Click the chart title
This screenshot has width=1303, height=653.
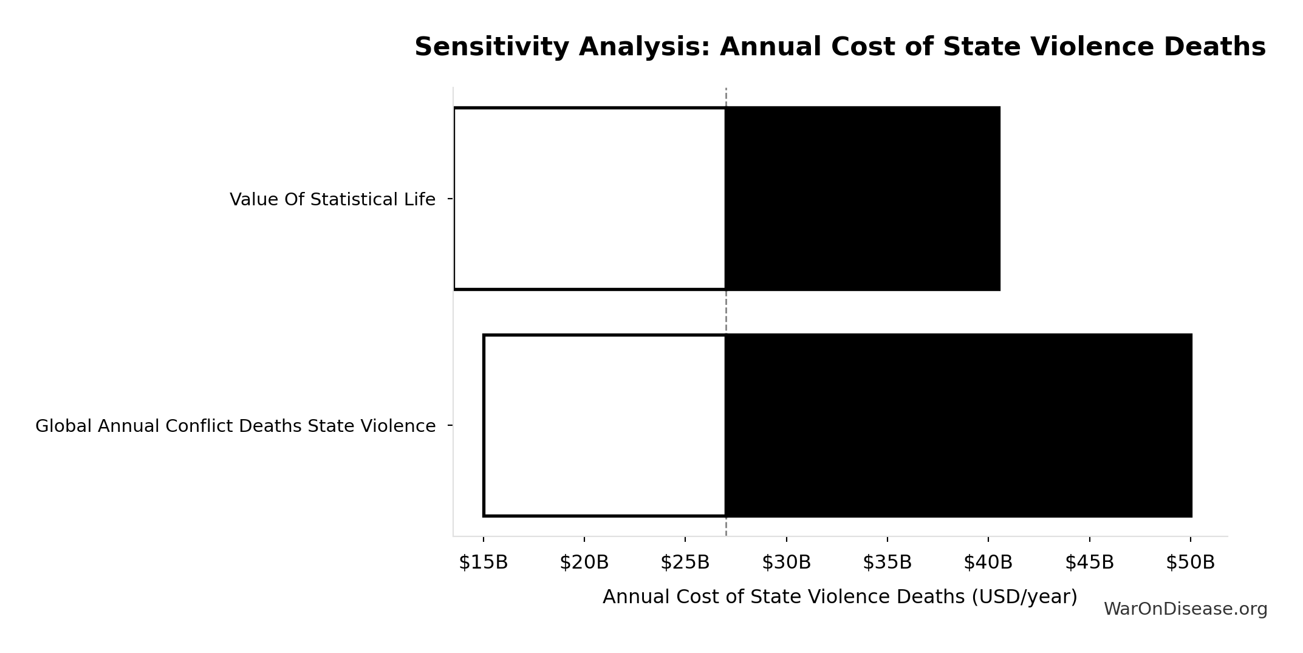[x=840, y=47]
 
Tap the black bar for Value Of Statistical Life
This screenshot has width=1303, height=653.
[x=863, y=199]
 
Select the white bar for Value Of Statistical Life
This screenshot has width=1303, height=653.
[x=589, y=199]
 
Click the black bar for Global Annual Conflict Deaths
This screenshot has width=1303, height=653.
[x=959, y=425]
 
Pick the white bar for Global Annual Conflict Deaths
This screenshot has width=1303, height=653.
[x=604, y=425]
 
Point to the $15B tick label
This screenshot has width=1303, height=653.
[x=483, y=562]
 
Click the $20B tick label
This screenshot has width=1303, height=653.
[x=584, y=562]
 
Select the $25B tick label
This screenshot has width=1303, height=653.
[x=685, y=562]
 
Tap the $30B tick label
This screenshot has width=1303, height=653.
[x=786, y=562]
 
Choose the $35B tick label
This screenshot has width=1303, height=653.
[x=887, y=562]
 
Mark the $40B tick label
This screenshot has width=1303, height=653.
[x=988, y=562]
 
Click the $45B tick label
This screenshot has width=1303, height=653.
[x=1089, y=562]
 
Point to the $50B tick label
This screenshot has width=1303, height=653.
[x=1190, y=562]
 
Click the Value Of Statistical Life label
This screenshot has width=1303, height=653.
[x=332, y=199]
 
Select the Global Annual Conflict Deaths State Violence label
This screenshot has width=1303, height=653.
[x=235, y=426]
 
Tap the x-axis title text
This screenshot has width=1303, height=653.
[x=840, y=597]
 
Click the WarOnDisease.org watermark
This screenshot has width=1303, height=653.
[x=1185, y=609]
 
